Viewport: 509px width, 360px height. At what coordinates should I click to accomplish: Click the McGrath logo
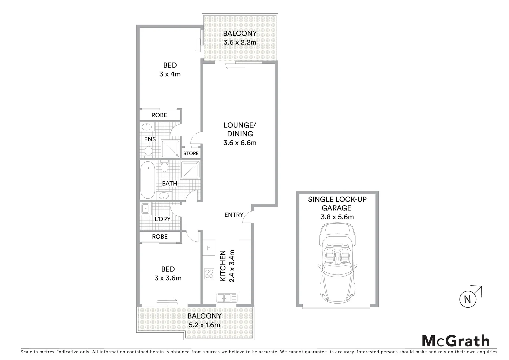coord(456,341)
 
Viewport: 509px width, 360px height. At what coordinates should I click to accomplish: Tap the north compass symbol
coord(468,299)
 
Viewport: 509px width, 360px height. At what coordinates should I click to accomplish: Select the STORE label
coord(191,153)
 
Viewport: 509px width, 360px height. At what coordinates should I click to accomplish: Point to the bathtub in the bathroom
coord(147,180)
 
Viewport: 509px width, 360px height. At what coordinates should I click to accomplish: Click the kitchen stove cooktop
coord(209,274)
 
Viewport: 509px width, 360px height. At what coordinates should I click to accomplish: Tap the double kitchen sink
coord(227,298)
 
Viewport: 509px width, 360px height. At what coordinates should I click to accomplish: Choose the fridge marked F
coord(209,248)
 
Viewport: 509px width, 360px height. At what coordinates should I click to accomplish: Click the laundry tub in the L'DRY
coord(146,209)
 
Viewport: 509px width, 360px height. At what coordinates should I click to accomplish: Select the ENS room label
coord(150,139)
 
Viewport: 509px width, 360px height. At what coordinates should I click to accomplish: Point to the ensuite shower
coord(171,149)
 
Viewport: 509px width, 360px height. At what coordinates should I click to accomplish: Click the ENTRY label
coord(234,215)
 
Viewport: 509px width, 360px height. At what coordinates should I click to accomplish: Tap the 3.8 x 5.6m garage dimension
coord(337,217)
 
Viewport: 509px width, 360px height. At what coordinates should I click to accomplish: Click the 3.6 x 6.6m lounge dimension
coord(240,143)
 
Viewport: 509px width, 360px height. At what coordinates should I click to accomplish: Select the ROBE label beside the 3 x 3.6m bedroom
coord(160,236)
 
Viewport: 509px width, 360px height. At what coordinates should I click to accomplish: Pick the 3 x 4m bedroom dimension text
coord(170,74)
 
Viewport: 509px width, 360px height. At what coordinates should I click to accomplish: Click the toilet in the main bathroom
coord(164,167)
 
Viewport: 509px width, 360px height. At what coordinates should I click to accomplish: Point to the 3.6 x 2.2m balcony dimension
coord(240,42)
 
